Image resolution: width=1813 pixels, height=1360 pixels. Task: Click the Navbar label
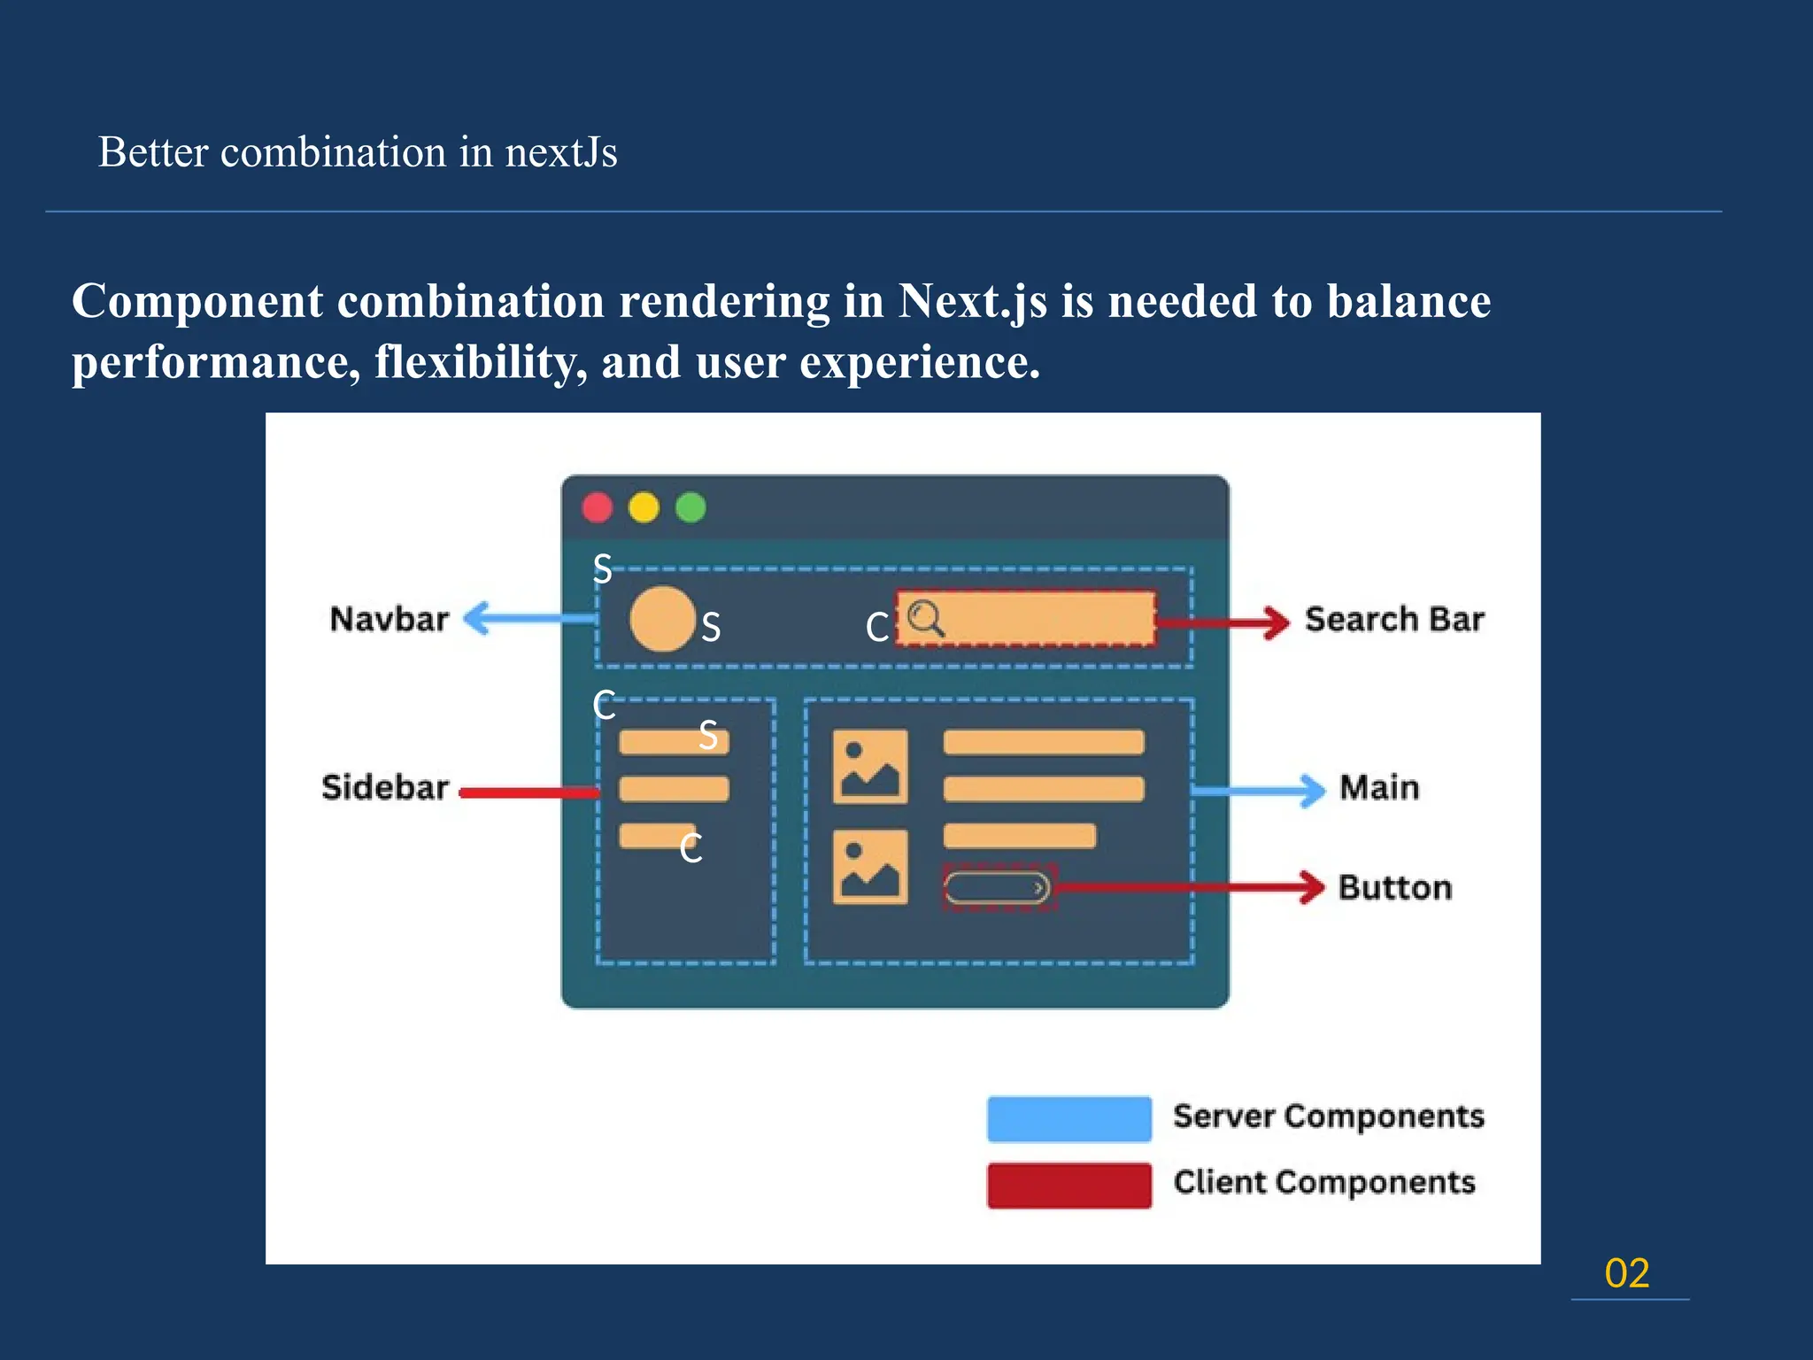coord(389,619)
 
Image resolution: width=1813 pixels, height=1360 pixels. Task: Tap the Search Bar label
coord(1394,619)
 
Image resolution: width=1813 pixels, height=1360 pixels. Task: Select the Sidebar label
coord(385,787)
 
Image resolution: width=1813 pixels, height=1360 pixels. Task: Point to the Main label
coord(1379,787)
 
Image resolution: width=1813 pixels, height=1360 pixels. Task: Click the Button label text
coord(1395,887)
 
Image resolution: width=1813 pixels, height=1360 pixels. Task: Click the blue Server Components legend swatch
coord(1069,1118)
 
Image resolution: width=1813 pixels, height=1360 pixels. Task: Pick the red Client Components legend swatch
coord(1069,1185)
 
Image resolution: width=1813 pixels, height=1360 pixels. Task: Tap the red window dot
coord(598,508)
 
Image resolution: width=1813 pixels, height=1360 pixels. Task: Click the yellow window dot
coord(644,508)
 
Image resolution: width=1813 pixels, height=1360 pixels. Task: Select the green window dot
coord(690,508)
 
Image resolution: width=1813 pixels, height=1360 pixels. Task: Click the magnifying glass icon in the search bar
coord(926,618)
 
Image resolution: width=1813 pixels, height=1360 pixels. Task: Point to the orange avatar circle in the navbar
coord(662,619)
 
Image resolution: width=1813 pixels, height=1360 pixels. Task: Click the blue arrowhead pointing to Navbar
coord(478,618)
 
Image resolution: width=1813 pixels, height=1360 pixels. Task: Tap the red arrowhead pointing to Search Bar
coord(1276,622)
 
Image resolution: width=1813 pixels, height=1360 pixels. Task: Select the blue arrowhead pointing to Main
coord(1311,790)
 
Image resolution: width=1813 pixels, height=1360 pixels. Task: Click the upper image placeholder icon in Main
coord(870,767)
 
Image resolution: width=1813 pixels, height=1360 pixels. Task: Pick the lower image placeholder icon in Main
coord(870,867)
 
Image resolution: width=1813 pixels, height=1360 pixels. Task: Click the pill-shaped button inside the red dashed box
coord(997,887)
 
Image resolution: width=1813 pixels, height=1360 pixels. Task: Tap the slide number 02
coord(1627,1273)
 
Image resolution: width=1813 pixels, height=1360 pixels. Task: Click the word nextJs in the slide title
coord(560,152)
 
